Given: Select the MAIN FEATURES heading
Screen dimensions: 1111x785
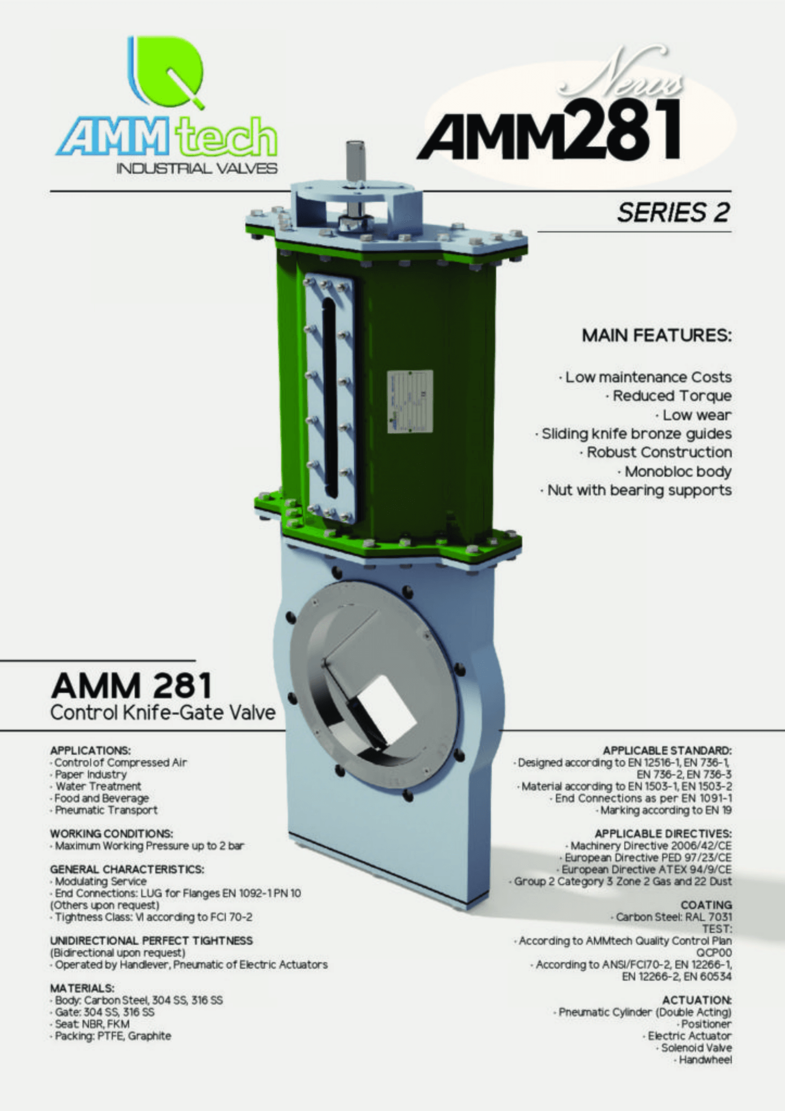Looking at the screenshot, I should (656, 336).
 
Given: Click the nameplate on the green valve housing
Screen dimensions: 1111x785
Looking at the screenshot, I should (410, 401).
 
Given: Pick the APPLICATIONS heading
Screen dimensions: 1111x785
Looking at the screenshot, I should (90, 750).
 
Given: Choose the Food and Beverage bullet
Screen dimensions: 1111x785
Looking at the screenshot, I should (102, 798).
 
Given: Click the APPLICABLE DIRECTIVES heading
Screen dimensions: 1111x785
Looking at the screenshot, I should (663, 833).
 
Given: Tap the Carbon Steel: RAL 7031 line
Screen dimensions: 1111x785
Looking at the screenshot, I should (673, 917).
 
